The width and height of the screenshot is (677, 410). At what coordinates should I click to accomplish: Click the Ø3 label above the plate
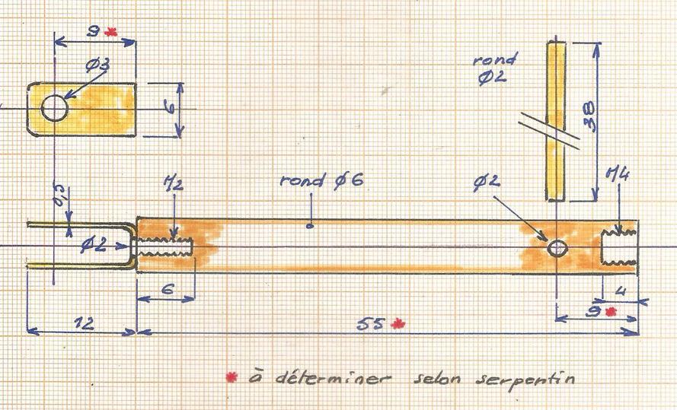pos(97,65)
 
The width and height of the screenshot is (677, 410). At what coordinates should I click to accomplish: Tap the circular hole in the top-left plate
pos(54,108)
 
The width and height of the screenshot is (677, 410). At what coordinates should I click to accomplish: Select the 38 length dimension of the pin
pos(589,116)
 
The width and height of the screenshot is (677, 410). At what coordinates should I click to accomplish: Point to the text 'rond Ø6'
pos(321,180)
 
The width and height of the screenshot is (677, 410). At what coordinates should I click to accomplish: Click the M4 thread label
pos(618,175)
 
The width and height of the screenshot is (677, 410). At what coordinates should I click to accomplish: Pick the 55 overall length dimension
pos(370,324)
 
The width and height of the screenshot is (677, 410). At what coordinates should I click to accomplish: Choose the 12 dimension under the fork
pos(83,323)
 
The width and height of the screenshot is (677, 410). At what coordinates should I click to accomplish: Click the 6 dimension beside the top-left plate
pos(171,106)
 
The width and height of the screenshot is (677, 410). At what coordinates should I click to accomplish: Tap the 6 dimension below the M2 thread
pos(168,288)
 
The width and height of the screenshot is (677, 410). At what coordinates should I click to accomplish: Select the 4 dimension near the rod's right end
pos(620,291)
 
